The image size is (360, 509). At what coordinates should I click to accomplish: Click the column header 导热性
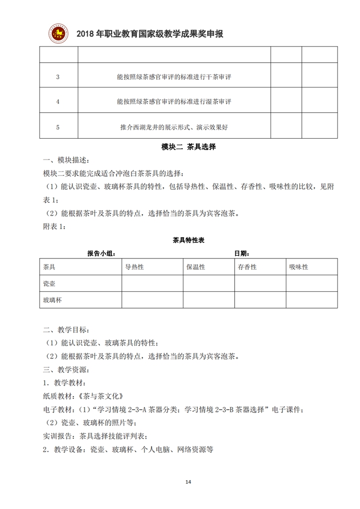(134, 267)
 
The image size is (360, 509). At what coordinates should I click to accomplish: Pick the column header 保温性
(195, 267)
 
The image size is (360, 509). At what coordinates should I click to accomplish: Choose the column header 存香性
(247, 267)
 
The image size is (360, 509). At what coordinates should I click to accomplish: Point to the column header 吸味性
(298, 267)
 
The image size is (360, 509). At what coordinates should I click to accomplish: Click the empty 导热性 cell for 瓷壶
(152, 283)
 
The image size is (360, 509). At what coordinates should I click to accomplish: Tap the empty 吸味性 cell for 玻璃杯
(311, 300)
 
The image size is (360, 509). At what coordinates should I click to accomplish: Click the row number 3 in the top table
(58, 77)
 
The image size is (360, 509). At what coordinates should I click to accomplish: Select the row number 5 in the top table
(58, 127)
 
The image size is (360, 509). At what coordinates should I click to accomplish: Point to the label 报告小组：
(101, 254)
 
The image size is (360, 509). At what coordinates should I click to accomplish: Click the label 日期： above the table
(242, 254)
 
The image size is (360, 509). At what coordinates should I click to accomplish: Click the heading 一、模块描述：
(67, 161)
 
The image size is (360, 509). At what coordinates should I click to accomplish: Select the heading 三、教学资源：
(67, 369)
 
